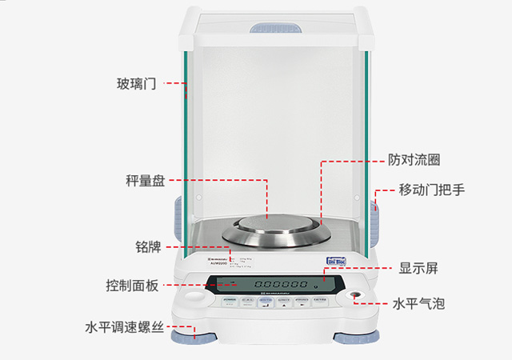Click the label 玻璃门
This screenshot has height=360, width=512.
pos(135,83)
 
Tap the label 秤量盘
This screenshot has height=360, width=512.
pos(144,181)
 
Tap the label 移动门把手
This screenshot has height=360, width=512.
pos(432,190)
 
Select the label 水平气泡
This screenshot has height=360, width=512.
pos(418,304)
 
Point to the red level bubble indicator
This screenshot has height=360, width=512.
pos(352,297)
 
